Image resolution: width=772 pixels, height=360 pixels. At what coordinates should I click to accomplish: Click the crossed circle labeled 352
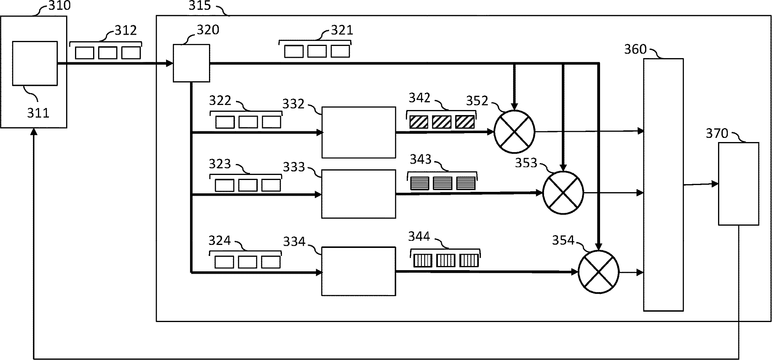[514, 132]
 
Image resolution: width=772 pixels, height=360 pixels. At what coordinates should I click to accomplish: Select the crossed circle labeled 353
[563, 193]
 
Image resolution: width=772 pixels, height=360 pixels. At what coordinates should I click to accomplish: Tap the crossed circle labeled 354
[599, 272]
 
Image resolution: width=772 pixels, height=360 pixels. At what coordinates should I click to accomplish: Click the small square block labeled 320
[191, 63]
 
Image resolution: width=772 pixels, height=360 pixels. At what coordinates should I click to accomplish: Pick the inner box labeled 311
[35, 63]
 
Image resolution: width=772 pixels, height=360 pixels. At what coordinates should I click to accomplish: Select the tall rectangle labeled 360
[663, 185]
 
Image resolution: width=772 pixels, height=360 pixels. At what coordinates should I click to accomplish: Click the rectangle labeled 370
[738, 184]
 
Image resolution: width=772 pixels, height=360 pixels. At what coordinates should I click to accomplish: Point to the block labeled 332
[358, 132]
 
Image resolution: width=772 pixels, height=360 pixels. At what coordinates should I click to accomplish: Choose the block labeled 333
[358, 194]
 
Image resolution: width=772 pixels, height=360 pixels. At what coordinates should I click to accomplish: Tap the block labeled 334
[358, 271]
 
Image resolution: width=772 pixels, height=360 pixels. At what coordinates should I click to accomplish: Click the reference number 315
[200, 5]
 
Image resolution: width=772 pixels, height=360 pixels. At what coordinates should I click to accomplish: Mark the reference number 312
[126, 30]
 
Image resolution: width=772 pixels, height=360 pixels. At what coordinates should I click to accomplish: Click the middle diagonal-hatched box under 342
[442, 122]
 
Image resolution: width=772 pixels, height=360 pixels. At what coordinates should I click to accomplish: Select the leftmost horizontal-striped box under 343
[419, 183]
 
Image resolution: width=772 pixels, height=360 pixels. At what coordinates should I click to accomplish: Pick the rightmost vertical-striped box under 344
[469, 260]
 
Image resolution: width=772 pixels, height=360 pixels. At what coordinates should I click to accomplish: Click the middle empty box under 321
[317, 51]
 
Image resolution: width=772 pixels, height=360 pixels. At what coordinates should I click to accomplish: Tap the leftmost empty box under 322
[225, 122]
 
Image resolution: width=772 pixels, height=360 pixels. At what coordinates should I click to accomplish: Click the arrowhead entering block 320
[170, 63]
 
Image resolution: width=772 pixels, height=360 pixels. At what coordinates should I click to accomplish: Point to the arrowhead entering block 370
[715, 184]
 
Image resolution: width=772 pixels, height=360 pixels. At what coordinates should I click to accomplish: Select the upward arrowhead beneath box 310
[34, 132]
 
